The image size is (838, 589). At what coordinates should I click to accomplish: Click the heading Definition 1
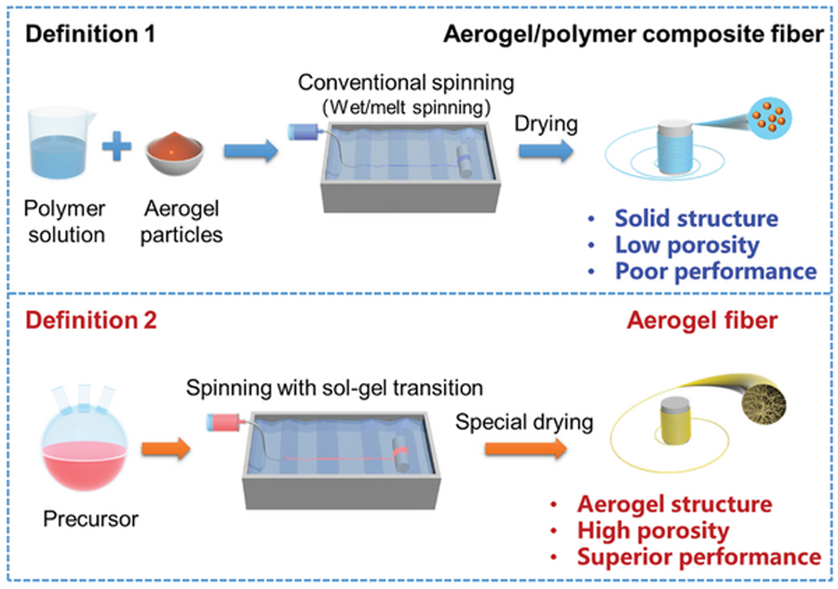tap(89, 36)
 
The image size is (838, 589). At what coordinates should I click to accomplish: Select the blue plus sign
tap(118, 148)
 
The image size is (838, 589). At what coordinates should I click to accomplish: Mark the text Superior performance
tap(698, 557)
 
